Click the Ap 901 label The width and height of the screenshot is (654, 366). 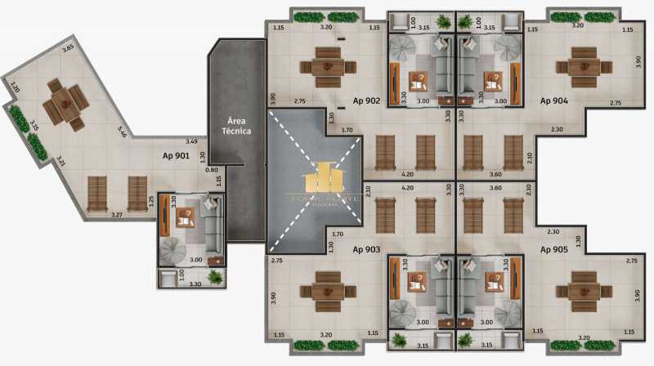coord(176,155)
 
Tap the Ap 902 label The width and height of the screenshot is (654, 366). coord(366,101)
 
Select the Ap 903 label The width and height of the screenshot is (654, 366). coord(366,248)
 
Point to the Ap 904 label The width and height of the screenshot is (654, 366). coord(553,101)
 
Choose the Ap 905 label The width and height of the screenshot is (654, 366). coord(553,248)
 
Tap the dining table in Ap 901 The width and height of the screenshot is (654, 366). coord(63,103)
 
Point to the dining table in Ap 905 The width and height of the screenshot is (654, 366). coord(584,293)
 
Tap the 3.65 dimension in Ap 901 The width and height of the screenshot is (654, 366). coord(68,49)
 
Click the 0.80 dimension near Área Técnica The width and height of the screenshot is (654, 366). coord(213,170)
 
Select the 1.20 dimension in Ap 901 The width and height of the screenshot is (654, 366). coord(14,87)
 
